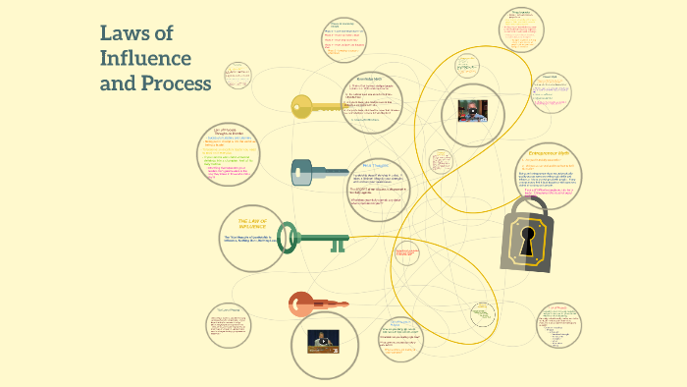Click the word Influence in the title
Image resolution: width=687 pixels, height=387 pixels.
tap(145, 59)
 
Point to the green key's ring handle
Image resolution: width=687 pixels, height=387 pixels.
tap(288, 237)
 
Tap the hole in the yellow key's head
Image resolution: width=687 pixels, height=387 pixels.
tap(297, 106)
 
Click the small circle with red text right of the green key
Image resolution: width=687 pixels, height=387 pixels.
tap(407, 255)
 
